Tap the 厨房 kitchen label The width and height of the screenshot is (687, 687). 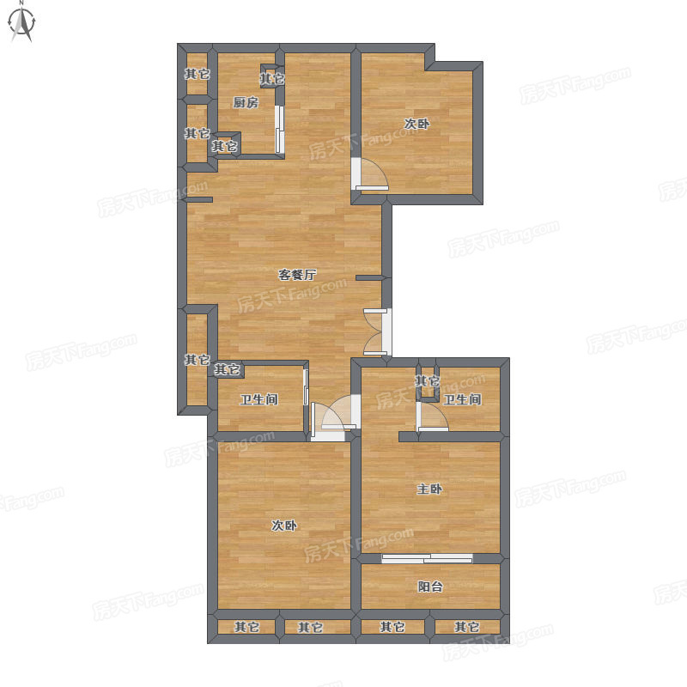246,102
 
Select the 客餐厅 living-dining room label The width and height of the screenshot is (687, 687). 297,275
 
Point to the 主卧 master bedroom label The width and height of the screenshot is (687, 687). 429,489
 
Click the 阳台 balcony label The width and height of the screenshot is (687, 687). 430,587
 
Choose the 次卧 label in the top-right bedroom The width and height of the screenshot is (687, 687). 416,124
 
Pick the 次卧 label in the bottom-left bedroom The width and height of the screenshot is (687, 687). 284,525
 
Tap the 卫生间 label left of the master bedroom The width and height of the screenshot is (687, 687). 259,399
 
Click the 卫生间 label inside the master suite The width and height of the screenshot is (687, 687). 462,399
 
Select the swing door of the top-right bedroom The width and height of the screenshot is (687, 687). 370,174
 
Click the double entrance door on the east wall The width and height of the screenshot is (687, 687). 378,331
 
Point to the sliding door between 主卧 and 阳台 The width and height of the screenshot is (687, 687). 427,558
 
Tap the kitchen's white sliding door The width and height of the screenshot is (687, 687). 279,129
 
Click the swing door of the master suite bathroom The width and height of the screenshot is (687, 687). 433,416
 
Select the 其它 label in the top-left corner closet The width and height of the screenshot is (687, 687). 198,74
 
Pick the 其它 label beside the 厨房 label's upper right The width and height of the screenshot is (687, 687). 272,79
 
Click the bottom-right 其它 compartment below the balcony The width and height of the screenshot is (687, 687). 467,627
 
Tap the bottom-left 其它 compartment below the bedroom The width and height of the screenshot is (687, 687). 246,627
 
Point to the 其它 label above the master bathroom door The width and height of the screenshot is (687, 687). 427,380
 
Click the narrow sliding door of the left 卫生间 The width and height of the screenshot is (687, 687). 306,387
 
